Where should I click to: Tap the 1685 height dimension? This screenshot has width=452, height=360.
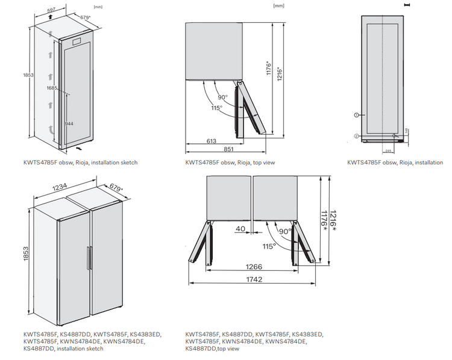tap(52, 88)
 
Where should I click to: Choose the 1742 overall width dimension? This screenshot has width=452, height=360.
tap(254, 280)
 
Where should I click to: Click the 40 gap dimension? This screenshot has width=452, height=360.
tap(240, 229)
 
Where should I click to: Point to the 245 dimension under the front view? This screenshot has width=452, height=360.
tap(389, 151)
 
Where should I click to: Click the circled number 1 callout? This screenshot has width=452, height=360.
tap(356, 114)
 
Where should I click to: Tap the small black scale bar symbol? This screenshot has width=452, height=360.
tap(408, 5)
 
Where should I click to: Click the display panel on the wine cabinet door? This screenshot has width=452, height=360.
tap(77, 42)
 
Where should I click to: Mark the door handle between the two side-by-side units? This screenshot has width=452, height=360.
tap(89, 259)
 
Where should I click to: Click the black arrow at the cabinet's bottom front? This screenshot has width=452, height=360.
tap(80, 146)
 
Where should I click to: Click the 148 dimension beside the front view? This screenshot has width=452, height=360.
tap(407, 131)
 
